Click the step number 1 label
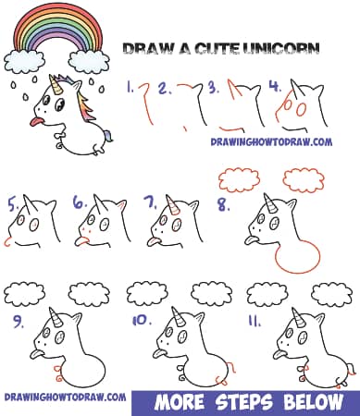click(130, 89)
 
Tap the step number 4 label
click(274, 88)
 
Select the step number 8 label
click(224, 205)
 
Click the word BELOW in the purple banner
click(316, 401)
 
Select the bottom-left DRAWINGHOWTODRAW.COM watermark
click(65, 398)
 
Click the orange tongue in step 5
click(9, 243)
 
